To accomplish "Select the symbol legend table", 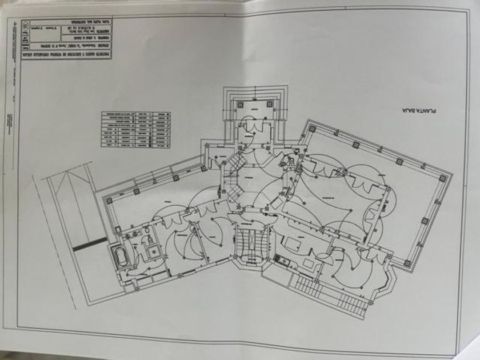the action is tap(135, 129).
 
